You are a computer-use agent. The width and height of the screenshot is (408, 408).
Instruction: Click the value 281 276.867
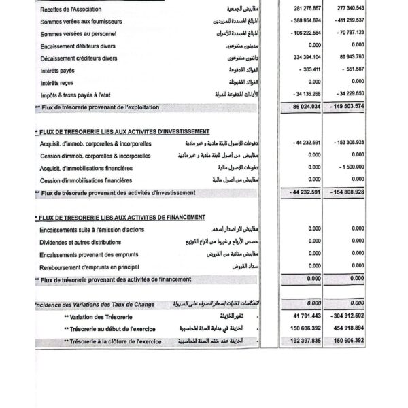307,8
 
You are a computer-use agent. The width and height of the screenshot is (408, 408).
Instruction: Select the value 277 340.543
351,8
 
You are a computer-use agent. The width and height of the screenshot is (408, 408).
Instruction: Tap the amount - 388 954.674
305,20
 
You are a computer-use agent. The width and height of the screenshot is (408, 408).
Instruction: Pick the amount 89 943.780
352,57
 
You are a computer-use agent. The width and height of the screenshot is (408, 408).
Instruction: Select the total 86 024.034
307,107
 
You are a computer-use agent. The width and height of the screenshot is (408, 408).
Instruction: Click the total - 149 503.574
349,107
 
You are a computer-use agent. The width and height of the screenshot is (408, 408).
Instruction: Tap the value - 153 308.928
350,143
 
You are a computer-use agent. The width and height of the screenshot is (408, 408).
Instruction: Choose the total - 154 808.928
349,192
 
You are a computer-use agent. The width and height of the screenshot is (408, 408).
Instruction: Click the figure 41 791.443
307,316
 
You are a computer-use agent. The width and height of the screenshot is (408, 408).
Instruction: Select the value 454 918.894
351,328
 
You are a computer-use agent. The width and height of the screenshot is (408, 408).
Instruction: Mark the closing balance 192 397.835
305,341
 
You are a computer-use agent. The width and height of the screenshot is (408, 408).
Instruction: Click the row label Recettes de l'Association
71,9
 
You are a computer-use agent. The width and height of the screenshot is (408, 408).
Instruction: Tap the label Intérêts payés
58,70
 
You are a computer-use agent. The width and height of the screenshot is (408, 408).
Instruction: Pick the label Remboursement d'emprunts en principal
89,267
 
